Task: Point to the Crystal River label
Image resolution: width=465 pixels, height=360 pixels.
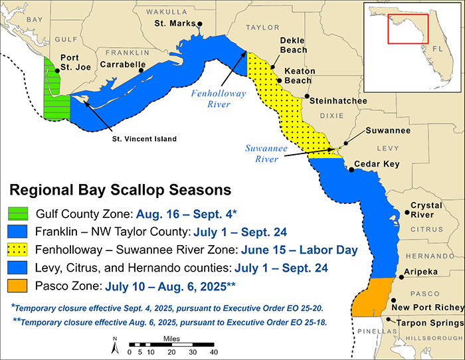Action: pyautogui.click(x=426, y=210)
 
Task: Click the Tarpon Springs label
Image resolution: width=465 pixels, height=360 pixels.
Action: pyautogui.click(x=426, y=323)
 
